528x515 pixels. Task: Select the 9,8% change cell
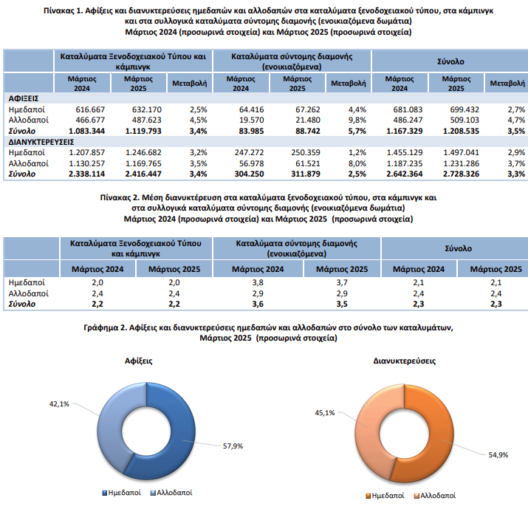pyautogui.click(x=357, y=120)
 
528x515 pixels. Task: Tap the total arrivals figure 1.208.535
pyautogui.click(x=461, y=131)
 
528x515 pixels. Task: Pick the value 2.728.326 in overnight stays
pyautogui.click(x=461, y=174)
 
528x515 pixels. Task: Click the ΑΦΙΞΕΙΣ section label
pyautogui.click(x=24, y=99)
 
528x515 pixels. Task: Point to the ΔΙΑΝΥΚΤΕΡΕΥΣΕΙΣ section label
pyautogui.click(x=41, y=142)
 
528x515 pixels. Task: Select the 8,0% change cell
pyautogui.click(x=357, y=163)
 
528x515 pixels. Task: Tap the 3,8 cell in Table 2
pyautogui.click(x=258, y=282)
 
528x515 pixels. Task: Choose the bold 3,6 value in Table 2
pyautogui.click(x=258, y=304)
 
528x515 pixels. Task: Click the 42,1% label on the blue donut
pyautogui.click(x=59, y=404)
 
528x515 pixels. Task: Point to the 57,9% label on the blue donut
pyautogui.click(x=233, y=446)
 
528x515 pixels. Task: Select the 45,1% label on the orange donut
pyautogui.click(x=325, y=412)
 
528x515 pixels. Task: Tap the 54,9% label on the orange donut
pyautogui.click(x=498, y=455)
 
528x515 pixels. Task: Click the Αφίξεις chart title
pyautogui.click(x=138, y=361)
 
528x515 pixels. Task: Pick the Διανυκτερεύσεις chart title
pyautogui.click(x=405, y=361)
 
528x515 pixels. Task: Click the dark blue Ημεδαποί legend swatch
pyautogui.click(x=104, y=493)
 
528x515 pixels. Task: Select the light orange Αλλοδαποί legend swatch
pyautogui.click(x=416, y=496)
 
